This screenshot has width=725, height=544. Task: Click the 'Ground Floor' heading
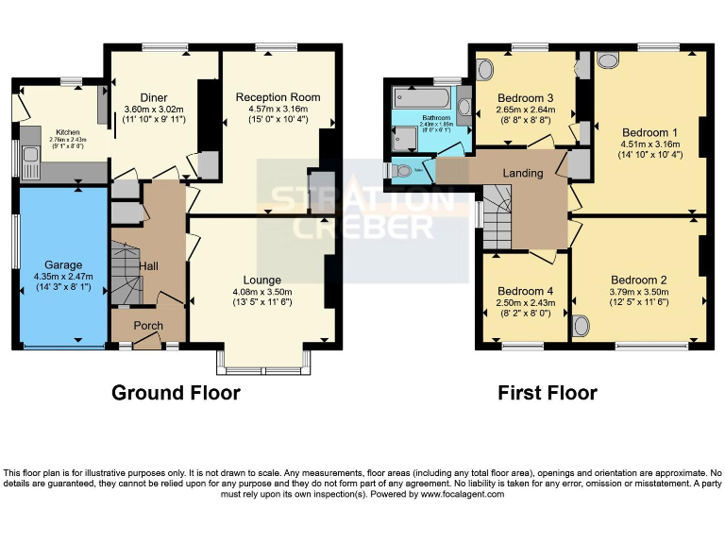click(176, 392)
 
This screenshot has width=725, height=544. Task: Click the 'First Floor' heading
click(548, 392)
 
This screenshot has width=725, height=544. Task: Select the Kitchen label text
click(67, 132)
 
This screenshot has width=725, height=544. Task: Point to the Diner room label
click(154, 97)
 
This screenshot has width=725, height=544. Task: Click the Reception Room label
click(278, 97)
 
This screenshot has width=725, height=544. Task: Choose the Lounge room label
click(261, 280)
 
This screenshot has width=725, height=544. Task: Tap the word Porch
click(147, 326)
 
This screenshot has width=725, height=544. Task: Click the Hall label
click(149, 267)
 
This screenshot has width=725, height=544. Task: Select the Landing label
click(523, 173)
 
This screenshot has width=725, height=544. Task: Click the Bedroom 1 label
click(650, 131)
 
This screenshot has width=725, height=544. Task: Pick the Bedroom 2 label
click(639, 280)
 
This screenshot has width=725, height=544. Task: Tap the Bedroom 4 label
click(524, 290)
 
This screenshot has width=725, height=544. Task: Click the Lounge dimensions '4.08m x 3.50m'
click(261, 292)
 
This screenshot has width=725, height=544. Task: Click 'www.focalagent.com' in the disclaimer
click(464, 494)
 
